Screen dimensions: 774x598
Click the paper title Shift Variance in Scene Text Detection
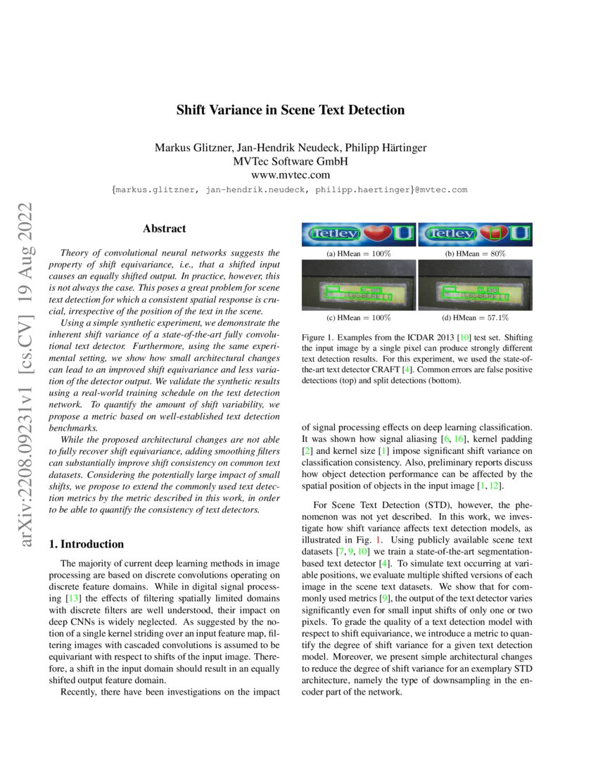click(x=290, y=110)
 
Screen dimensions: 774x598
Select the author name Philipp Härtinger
click(x=386, y=148)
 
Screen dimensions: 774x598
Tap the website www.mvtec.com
click(x=290, y=175)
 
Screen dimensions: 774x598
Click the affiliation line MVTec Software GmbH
click(x=290, y=162)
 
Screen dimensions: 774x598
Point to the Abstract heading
click(x=164, y=229)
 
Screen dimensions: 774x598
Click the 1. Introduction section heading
click(x=86, y=544)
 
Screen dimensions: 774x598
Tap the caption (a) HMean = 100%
click(x=359, y=253)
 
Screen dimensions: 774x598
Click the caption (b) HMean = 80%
click(x=476, y=253)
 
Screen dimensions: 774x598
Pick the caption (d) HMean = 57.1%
click(x=476, y=318)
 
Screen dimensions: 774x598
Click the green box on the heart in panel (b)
click(x=496, y=233)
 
